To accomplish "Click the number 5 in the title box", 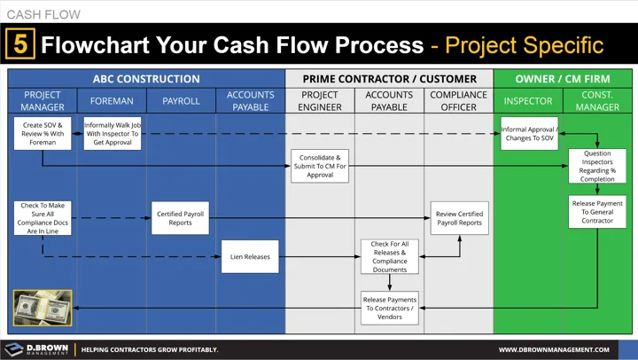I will tap(19, 43).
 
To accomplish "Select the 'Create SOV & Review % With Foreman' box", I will tap(43, 133).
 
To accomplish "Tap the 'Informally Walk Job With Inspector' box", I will tap(112, 133).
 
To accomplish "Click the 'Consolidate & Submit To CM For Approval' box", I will tap(320, 166).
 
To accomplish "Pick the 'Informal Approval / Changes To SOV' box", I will tap(529, 133).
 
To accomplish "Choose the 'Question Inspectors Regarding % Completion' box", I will tap(596, 166).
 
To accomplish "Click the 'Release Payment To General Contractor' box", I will tap(596, 212).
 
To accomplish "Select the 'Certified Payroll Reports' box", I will tap(181, 218).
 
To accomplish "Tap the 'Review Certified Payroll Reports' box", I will tap(459, 218).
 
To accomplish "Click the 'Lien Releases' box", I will tap(250, 257).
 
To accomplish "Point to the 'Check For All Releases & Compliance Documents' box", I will tap(389, 257).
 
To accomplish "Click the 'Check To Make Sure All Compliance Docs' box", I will tap(43, 218).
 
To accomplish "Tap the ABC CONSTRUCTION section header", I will tap(146, 78).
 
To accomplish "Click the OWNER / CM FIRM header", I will tap(563, 78).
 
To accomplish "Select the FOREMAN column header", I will tap(112, 101).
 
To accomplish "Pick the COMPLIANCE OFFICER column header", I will tap(458, 101).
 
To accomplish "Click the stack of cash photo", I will tap(43, 308).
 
